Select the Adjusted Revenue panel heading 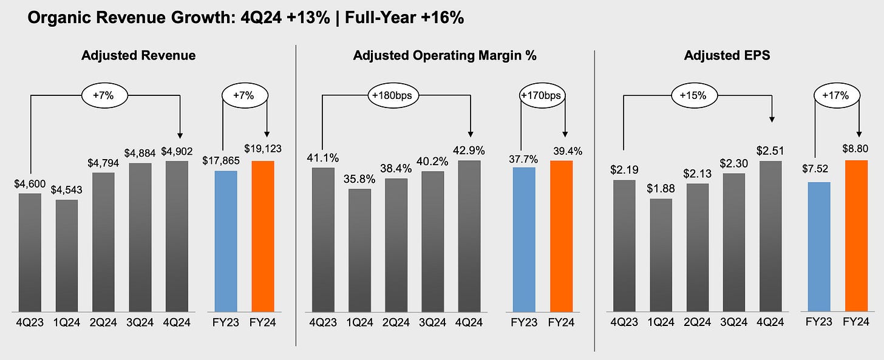pyautogui.click(x=138, y=56)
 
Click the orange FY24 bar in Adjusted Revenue pyautogui.click(x=263, y=236)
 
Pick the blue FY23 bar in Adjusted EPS pyautogui.click(x=819, y=246)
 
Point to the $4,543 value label pyautogui.click(x=66, y=189)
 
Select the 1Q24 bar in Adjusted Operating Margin pyautogui.click(x=360, y=250)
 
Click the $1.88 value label pyautogui.click(x=661, y=188)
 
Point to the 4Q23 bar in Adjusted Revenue pyautogui.click(x=30, y=253)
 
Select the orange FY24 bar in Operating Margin pyautogui.click(x=562, y=236)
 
